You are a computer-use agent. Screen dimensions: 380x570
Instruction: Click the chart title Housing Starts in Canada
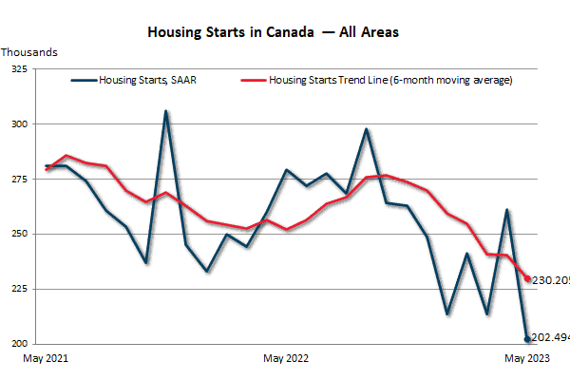coord(273,31)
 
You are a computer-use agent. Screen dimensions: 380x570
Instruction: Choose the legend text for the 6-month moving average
coord(390,81)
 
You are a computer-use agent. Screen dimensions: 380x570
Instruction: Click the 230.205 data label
coord(550,279)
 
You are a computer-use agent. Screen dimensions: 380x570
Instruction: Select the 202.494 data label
coord(550,336)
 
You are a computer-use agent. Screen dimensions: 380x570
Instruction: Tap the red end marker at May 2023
coord(527,278)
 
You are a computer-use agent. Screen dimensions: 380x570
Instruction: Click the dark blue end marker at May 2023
coord(527,338)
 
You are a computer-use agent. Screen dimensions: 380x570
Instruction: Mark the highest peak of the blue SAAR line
coord(166,111)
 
